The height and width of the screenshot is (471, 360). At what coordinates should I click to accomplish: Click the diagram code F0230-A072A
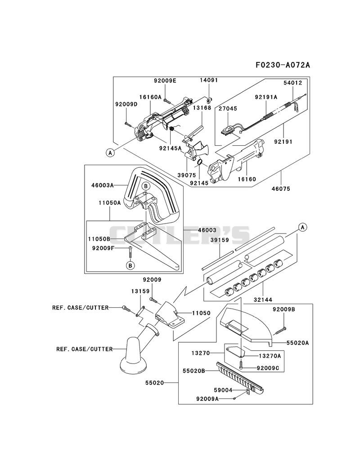point(283,65)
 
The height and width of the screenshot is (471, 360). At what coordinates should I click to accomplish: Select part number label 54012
point(292,83)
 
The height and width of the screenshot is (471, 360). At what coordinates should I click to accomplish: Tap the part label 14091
point(209,80)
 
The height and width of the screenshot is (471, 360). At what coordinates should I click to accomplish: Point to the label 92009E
point(165,81)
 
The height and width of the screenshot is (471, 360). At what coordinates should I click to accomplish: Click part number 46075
point(281,189)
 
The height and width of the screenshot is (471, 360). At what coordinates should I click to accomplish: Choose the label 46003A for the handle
point(103,185)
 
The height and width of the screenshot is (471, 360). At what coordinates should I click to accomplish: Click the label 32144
point(263,300)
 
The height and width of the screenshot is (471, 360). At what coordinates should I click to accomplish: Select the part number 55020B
point(194,371)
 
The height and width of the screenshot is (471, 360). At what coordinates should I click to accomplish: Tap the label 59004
point(223,390)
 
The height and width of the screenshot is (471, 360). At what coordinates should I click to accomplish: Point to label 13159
point(140,291)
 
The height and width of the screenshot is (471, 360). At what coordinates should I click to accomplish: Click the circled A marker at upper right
point(302,227)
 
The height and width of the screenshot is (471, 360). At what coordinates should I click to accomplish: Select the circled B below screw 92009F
point(130,265)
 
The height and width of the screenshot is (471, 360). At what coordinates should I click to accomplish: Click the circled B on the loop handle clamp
point(145,186)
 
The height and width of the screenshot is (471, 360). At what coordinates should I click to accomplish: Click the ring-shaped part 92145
point(199,163)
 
